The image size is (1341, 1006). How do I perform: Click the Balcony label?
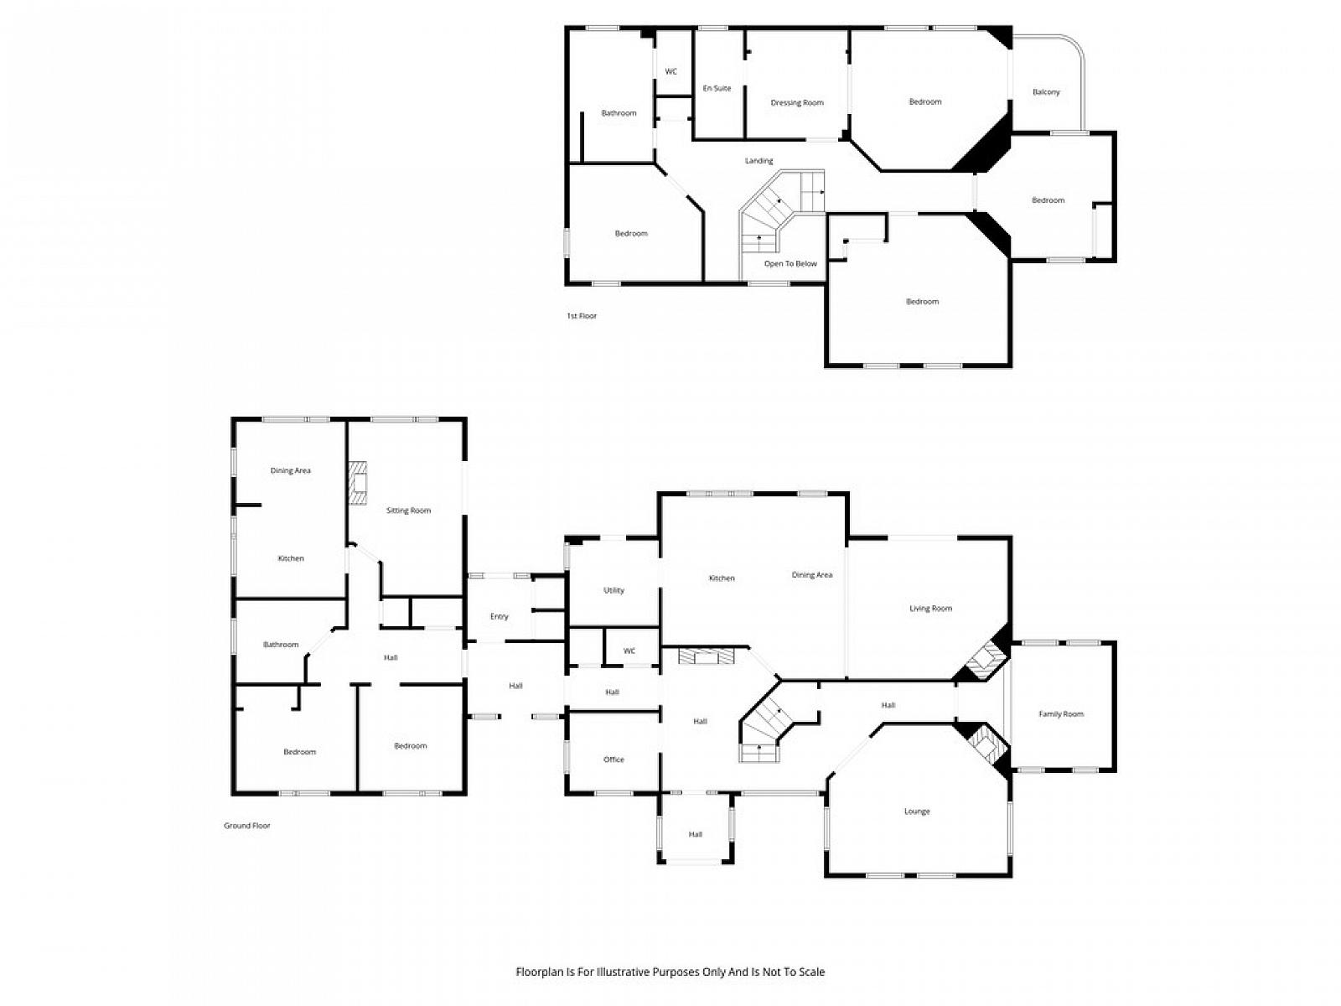[x=1045, y=91]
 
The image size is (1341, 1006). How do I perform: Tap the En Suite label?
[x=716, y=88]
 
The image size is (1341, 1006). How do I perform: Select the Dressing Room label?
[x=796, y=102]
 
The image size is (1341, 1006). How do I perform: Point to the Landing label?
[x=759, y=161]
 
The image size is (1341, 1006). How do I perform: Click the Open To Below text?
[x=790, y=263]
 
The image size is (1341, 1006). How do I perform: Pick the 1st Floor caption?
[x=581, y=316]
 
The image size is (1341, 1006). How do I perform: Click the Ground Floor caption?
[x=246, y=825]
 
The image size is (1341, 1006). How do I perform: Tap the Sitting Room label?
[x=407, y=510]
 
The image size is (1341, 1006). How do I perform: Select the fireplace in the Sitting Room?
[x=357, y=483]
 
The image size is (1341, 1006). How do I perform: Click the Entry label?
[x=499, y=616]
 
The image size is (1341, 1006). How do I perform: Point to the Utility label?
[x=614, y=590]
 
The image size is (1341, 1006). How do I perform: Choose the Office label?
[x=614, y=760]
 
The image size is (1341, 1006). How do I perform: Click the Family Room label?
[x=1060, y=713]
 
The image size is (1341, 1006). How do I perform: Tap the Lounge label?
[x=916, y=812]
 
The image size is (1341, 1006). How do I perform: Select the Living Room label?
[x=929, y=608]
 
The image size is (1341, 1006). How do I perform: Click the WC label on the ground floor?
[x=629, y=651]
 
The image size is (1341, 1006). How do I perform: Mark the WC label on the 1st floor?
[x=670, y=71]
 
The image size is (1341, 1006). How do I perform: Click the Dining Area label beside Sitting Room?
[x=290, y=470]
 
